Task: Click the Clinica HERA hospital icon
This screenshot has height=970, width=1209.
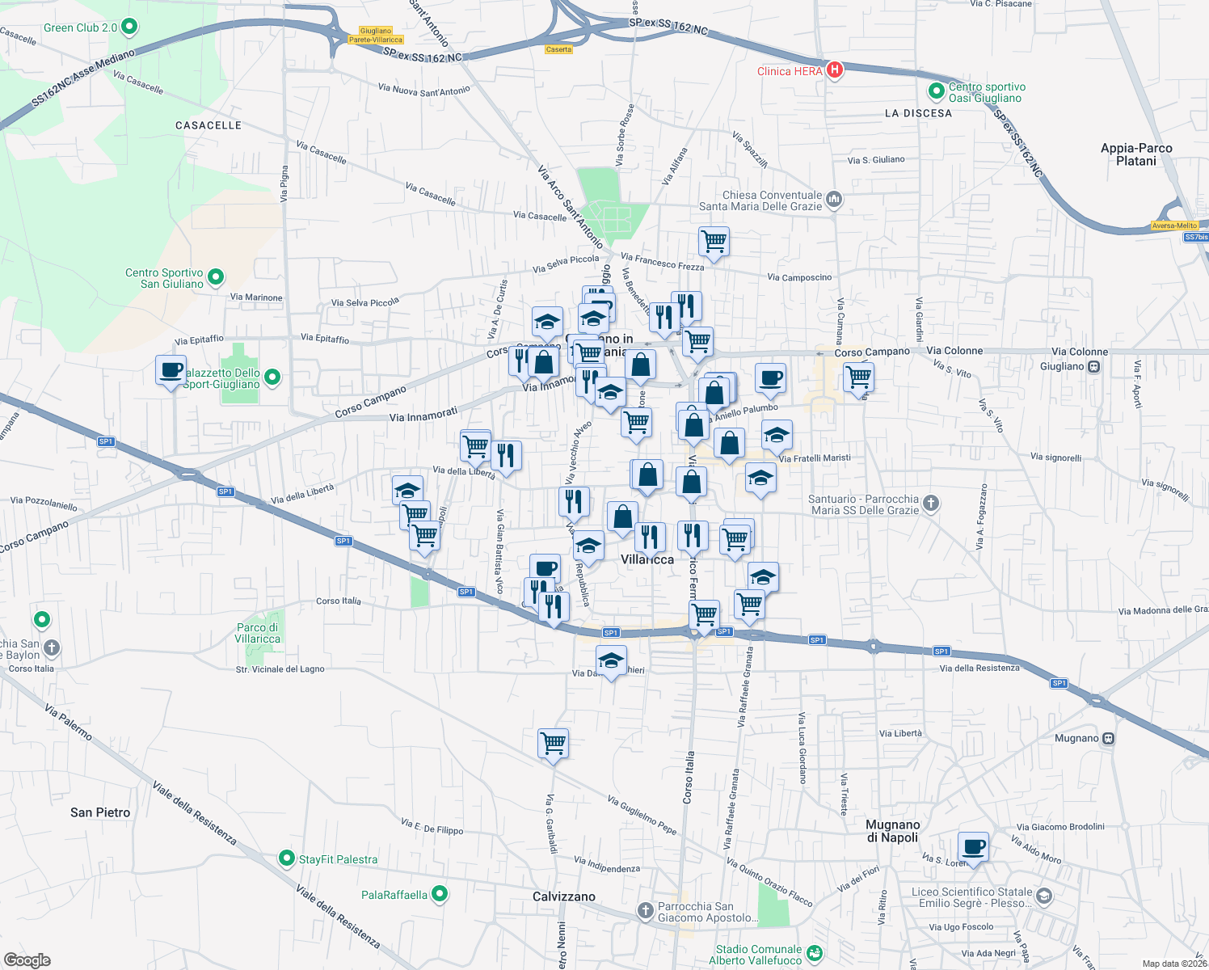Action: [834, 70]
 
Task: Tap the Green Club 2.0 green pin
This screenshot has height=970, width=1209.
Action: [128, 27]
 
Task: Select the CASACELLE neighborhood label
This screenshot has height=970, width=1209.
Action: [209, 125]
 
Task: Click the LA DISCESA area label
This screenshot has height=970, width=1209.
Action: [918, 113]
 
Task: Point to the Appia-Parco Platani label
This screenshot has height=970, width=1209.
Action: [1136, 154]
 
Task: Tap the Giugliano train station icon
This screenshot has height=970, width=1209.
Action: [1093, 366]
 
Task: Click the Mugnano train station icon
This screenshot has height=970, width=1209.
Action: [1109, 738]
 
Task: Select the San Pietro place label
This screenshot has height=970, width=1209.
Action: [100, 812]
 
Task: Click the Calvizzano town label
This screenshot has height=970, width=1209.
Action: [564, 896]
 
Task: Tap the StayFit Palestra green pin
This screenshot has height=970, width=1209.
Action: [286, 858]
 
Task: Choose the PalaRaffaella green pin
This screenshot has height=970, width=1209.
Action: [439, 894]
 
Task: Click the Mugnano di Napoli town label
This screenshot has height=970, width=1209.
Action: [893, 831]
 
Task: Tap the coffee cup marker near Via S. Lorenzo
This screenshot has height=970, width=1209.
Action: [974, 847]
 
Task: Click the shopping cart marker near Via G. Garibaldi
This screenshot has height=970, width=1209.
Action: [554, 742]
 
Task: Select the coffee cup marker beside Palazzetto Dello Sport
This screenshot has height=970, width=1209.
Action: [171, 370]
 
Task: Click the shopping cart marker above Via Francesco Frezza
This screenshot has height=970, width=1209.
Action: [714, 241]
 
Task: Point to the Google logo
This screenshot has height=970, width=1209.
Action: [27, 960]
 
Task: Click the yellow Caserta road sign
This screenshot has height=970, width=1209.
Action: [558, 49]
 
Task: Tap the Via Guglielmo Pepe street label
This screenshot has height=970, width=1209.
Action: [642, 814]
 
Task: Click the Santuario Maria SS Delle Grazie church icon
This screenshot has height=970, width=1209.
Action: [931, 504]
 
